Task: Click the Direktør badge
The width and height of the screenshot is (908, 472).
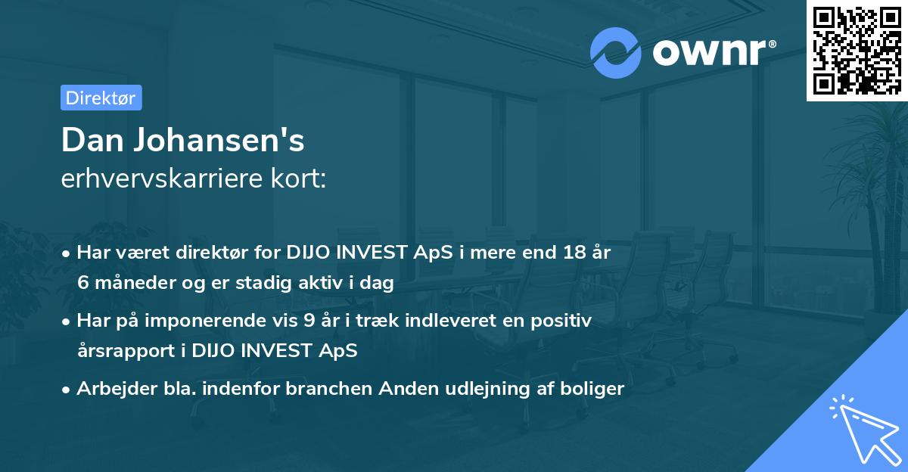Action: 101,98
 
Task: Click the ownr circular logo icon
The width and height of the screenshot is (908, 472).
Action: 616,53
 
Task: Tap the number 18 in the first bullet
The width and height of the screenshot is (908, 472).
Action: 572,253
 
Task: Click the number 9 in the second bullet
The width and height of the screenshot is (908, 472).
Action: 309,321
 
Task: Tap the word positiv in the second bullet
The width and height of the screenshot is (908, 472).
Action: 564,321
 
